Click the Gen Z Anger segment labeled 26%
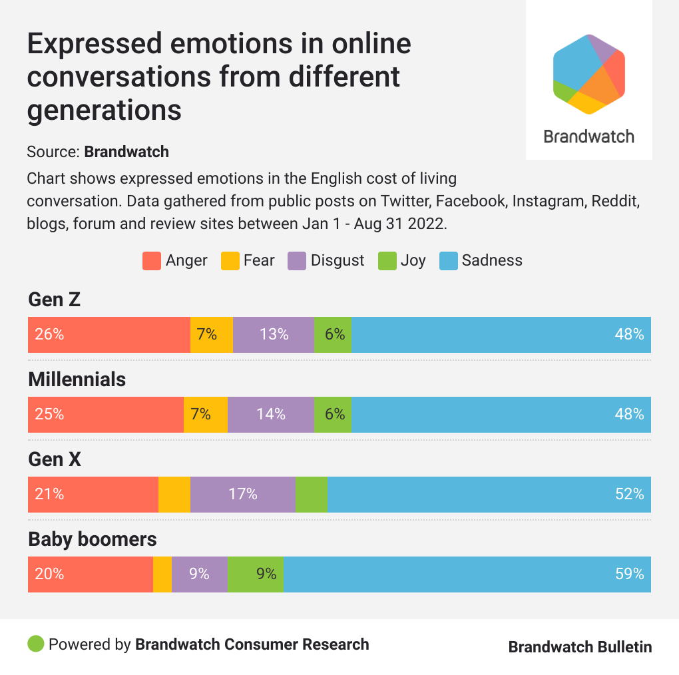pos(109,334)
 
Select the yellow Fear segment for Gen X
pos(174,494)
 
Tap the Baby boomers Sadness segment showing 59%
pos(467,574)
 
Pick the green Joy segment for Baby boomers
pos(256,574)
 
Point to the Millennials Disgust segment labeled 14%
pos(270,414)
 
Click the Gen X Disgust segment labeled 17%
pos(242,494)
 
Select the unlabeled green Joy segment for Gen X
pos(311,494)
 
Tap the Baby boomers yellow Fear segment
pos(162,574)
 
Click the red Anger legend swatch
pos(152,261)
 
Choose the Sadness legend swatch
pos(449,261)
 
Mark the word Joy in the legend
pos(413,261)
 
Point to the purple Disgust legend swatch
pos(297,261)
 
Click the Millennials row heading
pos(77,379)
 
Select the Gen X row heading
pos(55,459)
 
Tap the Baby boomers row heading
pos(93,539)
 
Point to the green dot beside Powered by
pos(36,644)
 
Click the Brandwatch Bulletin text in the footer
pos(580,646)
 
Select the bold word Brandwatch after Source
pos(126,152)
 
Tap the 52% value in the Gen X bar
pos(629,494)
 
